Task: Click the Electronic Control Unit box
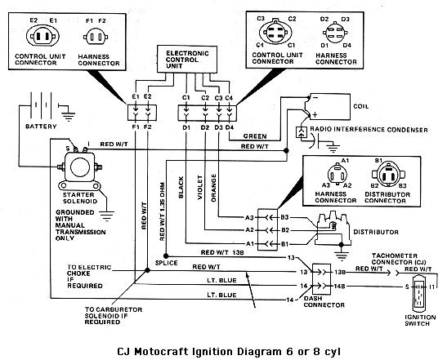[187, 60]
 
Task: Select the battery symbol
[42, 105]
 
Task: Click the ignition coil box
[330, 106]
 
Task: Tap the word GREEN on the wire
[255, 136]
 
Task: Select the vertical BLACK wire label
[181, 187]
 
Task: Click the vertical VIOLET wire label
[200, 187]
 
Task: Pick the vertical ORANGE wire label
[213, 188]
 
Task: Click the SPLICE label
[166, 263]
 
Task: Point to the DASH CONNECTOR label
[324, 302]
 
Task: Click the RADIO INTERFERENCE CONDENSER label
[369, 130]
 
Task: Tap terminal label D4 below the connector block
[230, 127]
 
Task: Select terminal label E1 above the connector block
[136, 97]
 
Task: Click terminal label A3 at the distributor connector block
[249, 218]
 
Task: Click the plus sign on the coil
[315, 115]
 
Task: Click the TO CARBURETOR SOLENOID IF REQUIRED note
[113, 316]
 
